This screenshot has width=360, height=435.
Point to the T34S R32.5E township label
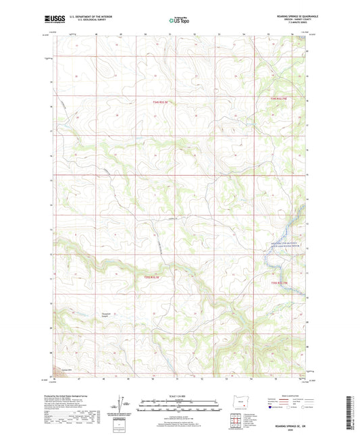(x=155, y=102)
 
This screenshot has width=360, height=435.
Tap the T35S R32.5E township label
(x=155, y=276)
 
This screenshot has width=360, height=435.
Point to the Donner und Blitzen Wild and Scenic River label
(x=283, y=245)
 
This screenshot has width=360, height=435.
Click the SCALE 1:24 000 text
(x=179, y=396)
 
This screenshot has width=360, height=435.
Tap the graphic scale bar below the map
(x=179, y=408)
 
